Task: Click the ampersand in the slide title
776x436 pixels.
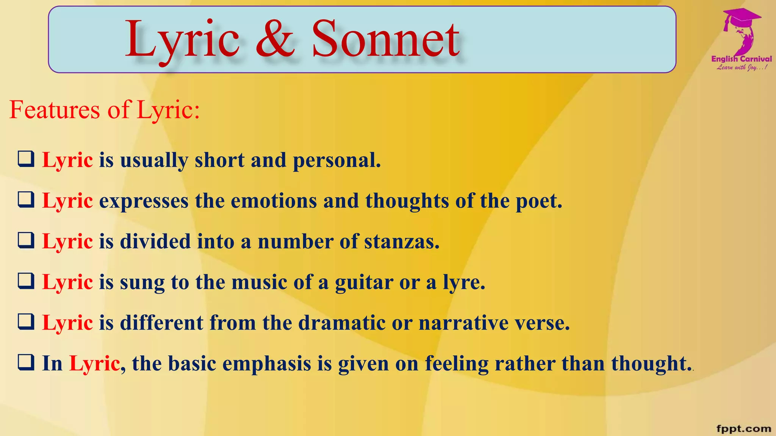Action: pyautogui.click(x=275, y=39)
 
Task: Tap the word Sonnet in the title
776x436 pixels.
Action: pyautogui.click(x=385, y=39)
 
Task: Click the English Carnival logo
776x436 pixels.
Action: pyautogui.click(x=742, y=40)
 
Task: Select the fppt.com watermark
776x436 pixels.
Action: pyautogui.click(x=744, y=428)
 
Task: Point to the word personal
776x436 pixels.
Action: pyautogui.click(x=336, y=160)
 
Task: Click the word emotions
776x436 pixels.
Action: pyautogui.click(x=274, y=201)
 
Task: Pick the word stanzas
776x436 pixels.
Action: pyautogui.click(x=402, y=241)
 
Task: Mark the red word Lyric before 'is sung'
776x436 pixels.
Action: pyautogui.click(x=67, y=282)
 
